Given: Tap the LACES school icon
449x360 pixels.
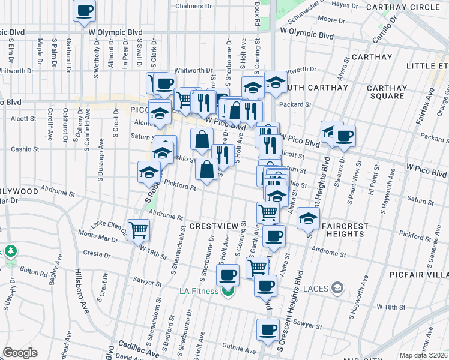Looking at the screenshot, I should click(338, 289).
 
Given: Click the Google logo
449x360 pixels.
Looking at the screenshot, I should click(20, 353).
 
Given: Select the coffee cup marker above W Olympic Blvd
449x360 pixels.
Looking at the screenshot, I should click(85, 10).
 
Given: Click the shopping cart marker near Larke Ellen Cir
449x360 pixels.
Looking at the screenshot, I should click(139, 229).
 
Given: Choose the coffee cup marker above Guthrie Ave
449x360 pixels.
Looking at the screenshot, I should click(268, 329).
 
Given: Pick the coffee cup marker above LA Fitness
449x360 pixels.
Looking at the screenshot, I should click(228, 275).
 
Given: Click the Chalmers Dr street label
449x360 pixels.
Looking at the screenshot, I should click(194, 6).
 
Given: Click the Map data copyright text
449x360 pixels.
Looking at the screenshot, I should click(424, 355).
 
